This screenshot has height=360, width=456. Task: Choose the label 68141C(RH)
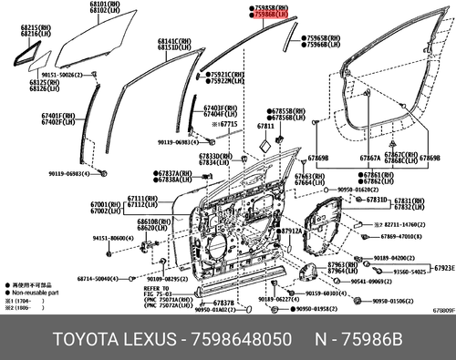[x=174, y=41]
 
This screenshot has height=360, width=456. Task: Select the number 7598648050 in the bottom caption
[x=244, y=339]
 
